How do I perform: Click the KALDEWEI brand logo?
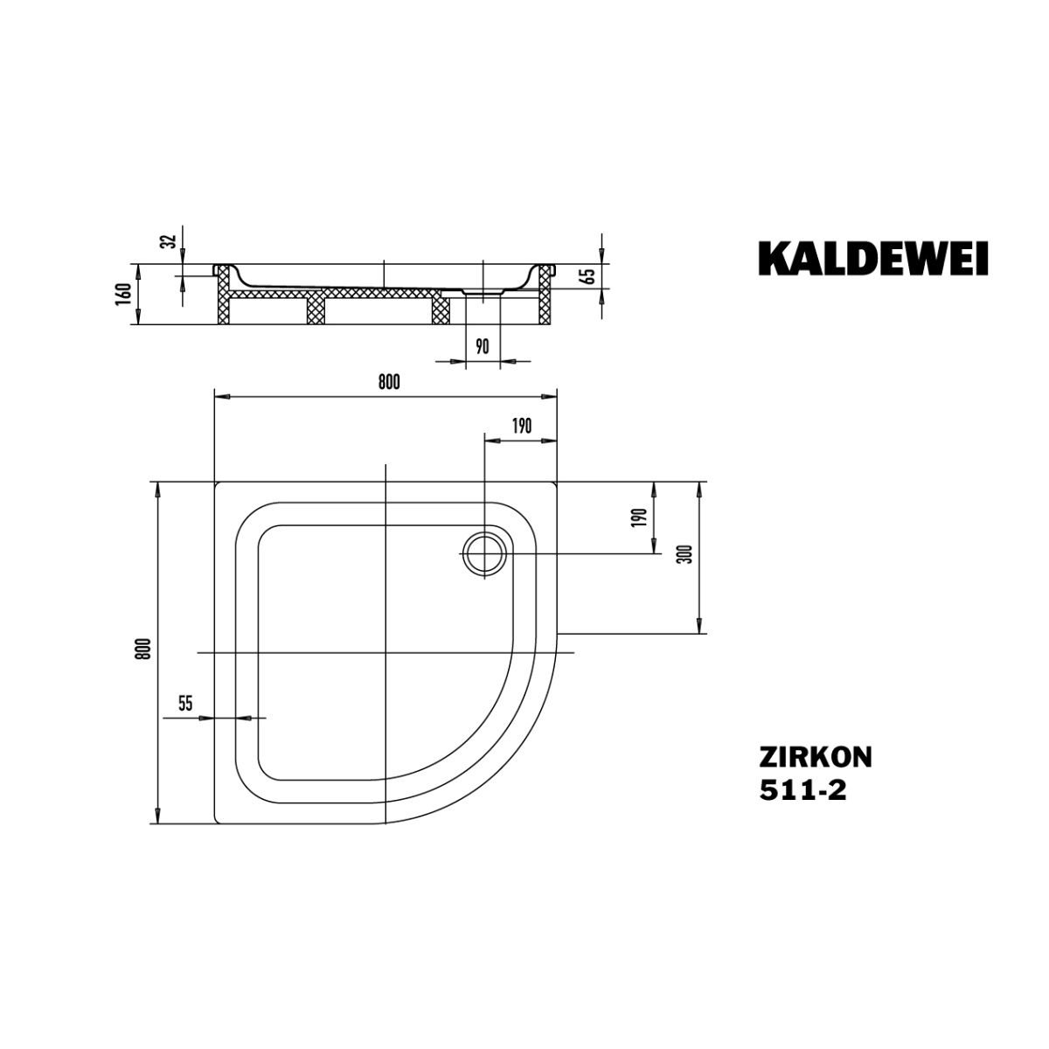[x=872, y=259]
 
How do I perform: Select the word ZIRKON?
[x=816, y=756]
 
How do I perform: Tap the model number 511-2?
[x=803, y=790]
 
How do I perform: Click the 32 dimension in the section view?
[x=170, y=240]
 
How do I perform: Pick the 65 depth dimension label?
[x=588, y=276]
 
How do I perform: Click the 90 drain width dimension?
[x=483, y=346]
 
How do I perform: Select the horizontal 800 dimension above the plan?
[x=389, y=383]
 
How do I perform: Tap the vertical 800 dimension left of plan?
[x=143, y=649]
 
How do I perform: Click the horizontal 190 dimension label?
[x=521, y=427]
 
